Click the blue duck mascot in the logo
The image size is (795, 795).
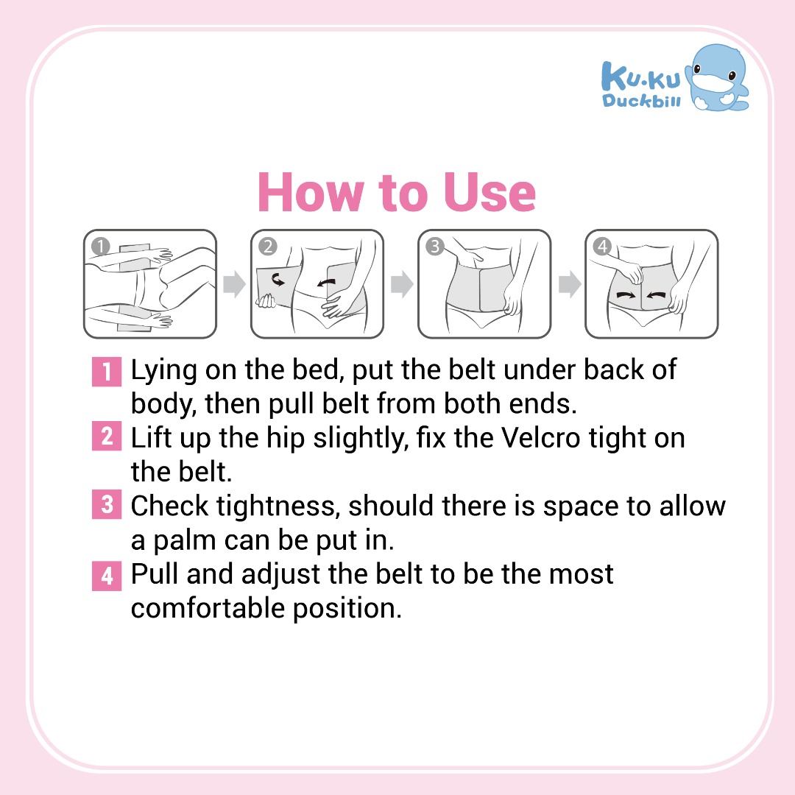(x=716, y=79)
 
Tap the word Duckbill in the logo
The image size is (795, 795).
(x=641, y=100)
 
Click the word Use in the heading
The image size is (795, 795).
(x=490, y=192)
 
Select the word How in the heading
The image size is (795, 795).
(x=311, y=192)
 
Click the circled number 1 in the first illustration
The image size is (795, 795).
(x=100, y=247)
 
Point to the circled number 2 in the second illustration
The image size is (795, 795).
(x=268, y=247)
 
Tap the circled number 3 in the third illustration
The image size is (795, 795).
(x=434, y=247)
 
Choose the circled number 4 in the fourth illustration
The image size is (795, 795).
(x=602, y=247)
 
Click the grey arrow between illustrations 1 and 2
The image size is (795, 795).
(x=234, y=284)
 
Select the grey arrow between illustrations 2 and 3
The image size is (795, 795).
(x=402, y=284)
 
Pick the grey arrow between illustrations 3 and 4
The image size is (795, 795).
(x=569, y=284)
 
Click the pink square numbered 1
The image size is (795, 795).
(x=107, y=371)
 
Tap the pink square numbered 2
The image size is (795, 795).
(x=107, y=436)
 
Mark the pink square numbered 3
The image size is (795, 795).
(x=107, y=504)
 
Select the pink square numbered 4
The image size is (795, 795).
(x=107, y=576)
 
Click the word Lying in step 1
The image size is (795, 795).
(x=163, y=370)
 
